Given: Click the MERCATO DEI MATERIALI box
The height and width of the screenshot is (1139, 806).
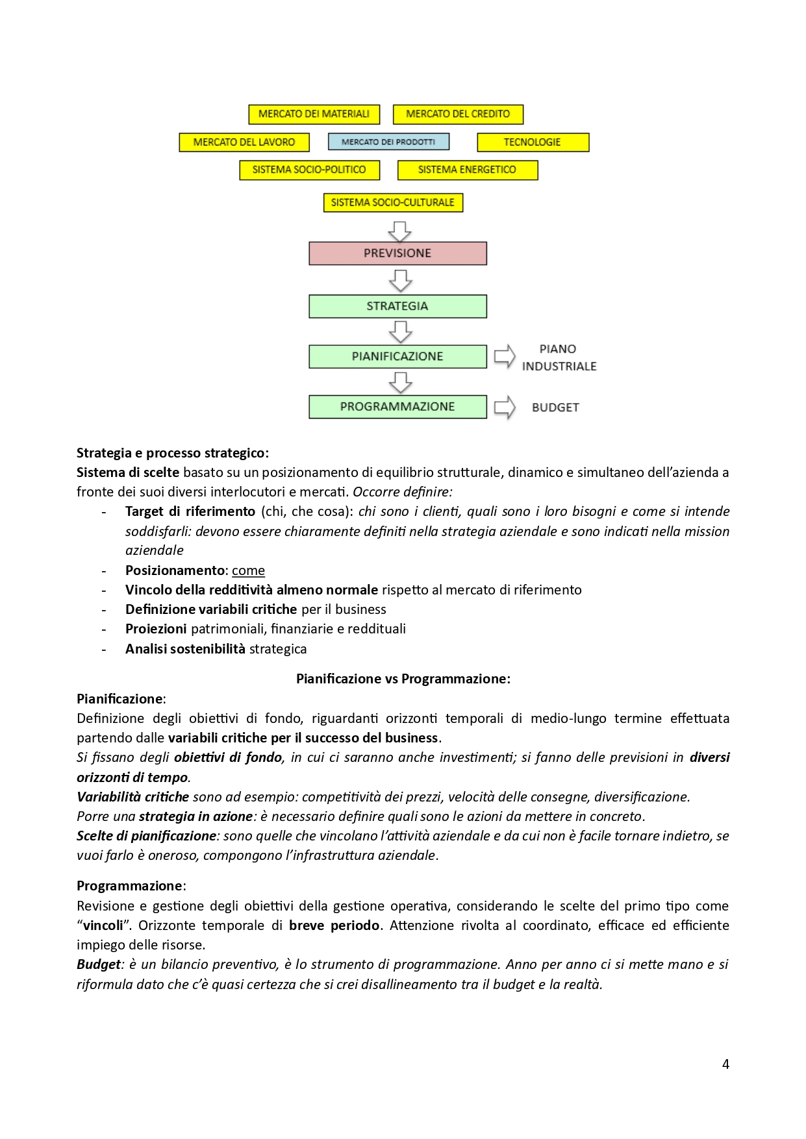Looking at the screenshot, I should (314, 114).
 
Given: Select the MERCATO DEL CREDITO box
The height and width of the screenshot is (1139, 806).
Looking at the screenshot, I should (458, 114).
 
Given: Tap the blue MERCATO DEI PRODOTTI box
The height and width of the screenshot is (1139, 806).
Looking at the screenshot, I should (388, 141).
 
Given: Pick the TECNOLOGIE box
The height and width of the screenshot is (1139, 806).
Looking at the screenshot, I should (533, 142).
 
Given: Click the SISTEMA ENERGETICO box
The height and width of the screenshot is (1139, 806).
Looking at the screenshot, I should (467, 170).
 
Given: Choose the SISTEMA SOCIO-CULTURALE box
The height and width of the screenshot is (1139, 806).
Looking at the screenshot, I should (393, 202).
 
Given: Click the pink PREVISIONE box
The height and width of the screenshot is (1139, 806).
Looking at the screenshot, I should (397, 253).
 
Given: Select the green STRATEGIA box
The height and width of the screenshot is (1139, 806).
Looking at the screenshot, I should (397, 306).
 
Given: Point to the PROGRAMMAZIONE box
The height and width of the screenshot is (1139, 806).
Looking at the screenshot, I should (397, 407).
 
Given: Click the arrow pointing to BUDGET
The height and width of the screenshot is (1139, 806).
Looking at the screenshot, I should (505, 408).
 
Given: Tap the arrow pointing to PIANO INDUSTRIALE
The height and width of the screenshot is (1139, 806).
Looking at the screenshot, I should (505, 356).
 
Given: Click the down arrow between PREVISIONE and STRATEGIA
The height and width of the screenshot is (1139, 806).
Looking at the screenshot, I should (400, 280).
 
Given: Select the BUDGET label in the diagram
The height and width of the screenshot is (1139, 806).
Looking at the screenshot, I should (555, 408).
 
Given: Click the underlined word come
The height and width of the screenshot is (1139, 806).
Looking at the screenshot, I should (248, 570).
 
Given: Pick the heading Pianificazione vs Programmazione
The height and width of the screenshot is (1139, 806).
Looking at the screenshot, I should (403, 679).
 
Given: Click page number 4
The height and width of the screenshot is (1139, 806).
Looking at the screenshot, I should (725, 1064).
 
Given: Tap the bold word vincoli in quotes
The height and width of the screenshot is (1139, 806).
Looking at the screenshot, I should (103, 925).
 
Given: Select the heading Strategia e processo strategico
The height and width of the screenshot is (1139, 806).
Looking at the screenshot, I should (173, 453).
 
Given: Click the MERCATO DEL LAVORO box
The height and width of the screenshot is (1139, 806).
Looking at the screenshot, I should (244, 142).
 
